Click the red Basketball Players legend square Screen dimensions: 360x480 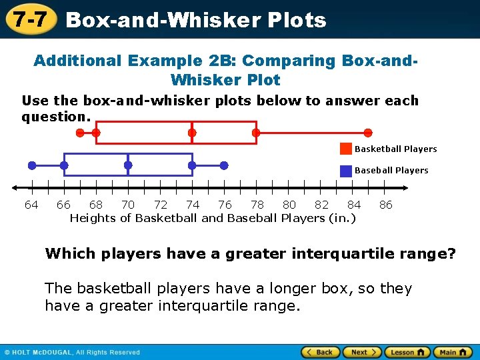coord(346,149)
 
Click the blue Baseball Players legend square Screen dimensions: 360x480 coord(346,171)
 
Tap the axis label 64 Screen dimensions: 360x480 coord(31,205)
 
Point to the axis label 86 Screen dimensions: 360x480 coord(386,205)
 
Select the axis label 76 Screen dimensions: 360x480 coord(225,205)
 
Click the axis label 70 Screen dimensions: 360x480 coord(128,205)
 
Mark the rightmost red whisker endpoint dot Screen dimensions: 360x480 coord(368,133)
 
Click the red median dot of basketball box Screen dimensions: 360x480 coord(192,133)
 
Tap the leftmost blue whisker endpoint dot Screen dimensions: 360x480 coord(32,165)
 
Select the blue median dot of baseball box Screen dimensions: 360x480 coord(128,165)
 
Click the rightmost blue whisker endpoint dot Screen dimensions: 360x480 coord(224,165)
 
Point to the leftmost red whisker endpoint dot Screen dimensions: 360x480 coord(80,133)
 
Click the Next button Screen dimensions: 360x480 coord(363,352)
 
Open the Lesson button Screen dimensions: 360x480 coord(407,352)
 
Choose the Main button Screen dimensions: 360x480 coord(452,352)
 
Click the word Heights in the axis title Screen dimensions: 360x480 coord(92,218)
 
